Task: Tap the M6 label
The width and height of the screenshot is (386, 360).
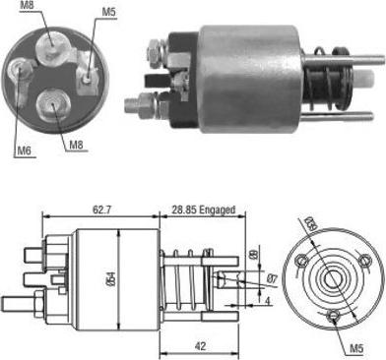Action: pyautogui.click(x=21, y=150)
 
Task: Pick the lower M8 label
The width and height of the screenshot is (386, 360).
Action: pyautogui.click(x=77, y=146)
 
